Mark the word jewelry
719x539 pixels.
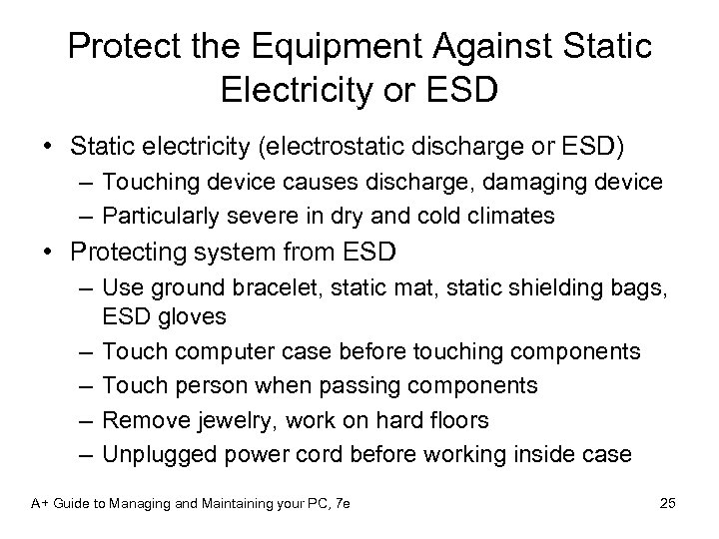[x=222, y=420]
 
